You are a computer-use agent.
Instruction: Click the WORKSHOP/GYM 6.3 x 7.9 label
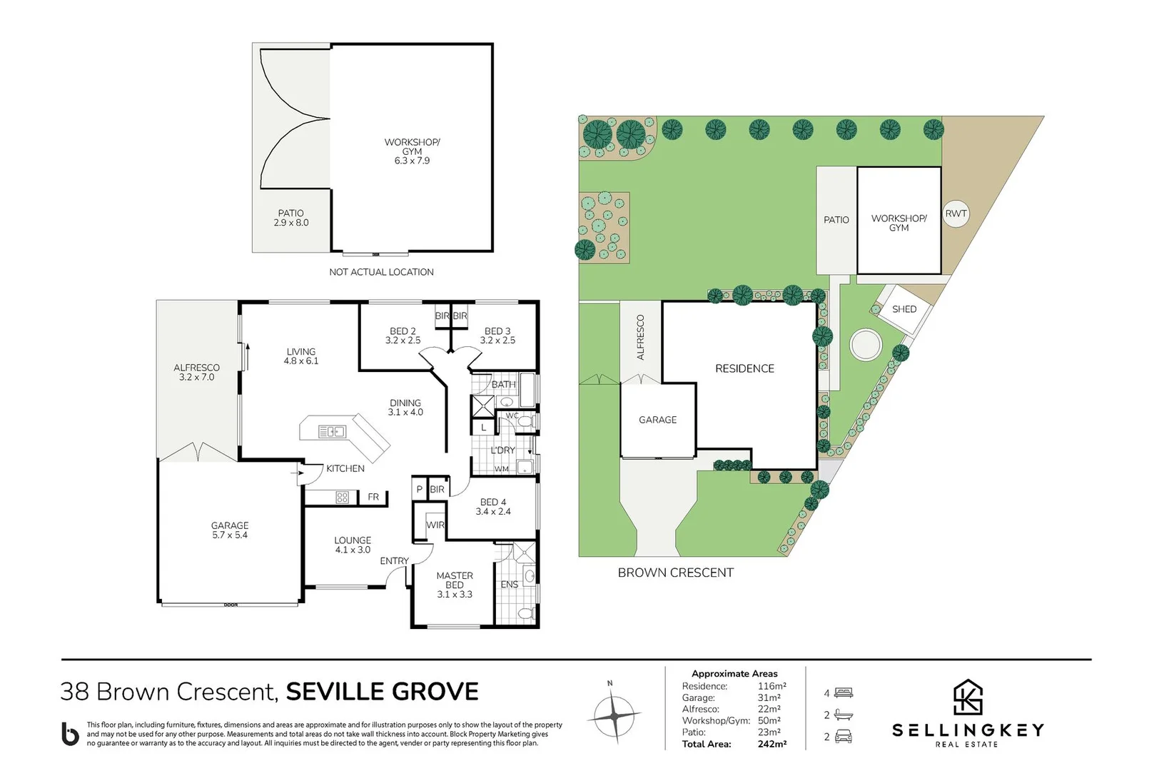[x=412, y=151]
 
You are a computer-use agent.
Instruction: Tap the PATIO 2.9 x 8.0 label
[x=291, y=218]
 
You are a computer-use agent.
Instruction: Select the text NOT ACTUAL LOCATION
[x=381, y=272]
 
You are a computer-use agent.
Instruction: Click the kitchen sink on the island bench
[x=332, y=431]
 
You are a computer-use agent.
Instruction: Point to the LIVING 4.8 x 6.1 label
[x=301, y=356]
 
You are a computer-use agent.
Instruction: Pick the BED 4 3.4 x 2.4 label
[x=493, y=507]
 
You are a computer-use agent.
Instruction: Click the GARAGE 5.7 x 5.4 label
[x=230, y=530]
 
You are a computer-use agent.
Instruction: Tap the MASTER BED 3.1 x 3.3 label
[x=455, y=585]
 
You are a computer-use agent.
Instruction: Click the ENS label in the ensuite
[x=510, y=584]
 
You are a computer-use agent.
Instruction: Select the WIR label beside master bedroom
[x=435, y=525]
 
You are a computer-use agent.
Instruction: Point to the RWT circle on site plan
[x=956, y=213]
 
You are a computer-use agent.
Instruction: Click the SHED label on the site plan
[x=904, y=309]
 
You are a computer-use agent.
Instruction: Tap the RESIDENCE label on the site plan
[x=744, y=368]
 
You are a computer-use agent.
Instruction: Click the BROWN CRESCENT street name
[x=675, y=573]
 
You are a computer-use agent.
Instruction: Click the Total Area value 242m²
[x=772, y=744]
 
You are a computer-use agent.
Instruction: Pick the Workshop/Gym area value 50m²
[x=769, y=720]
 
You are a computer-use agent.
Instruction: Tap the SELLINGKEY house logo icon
[x=968, y=697]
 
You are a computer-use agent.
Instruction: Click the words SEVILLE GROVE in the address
[x=383, y=692]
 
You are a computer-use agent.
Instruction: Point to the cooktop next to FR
[x=342, y=497]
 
